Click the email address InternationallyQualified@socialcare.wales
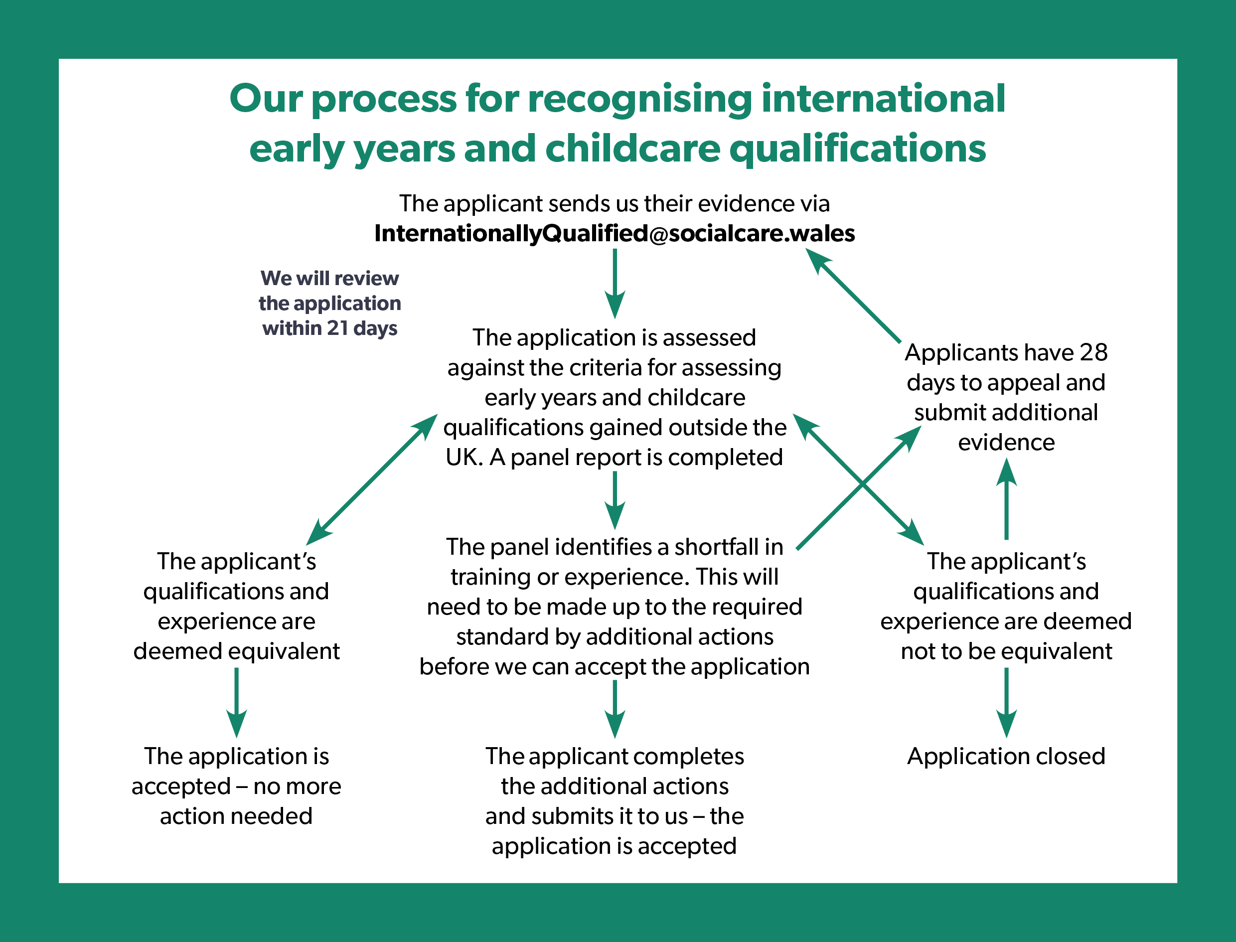point(615,233)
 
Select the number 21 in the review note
point(338,327)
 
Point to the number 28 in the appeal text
point(1093,352)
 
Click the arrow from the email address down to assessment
point(615,284)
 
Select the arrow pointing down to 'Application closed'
point(1007,703)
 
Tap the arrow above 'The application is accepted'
point(237,703)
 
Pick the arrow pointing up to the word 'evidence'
point(1007,498)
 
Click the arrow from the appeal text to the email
point(853,296)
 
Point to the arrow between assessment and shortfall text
point(615,500)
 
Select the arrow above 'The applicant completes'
point(615,709)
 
